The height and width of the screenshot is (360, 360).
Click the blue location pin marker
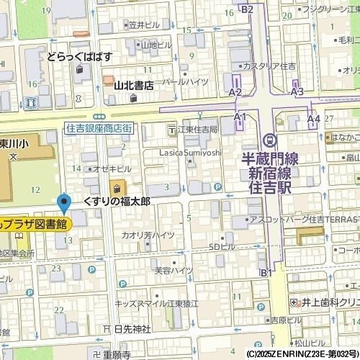64,203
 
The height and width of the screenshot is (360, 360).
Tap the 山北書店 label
134,85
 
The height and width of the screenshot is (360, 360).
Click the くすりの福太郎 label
116,201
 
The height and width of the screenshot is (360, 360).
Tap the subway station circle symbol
269,139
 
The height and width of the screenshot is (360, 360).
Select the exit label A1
240,117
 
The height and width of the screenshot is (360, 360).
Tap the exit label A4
313,118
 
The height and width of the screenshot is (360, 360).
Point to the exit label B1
266,272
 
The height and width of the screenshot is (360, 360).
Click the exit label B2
247,9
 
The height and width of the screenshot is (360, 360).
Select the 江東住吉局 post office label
192,130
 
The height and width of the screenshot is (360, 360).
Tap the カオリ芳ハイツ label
148,235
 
